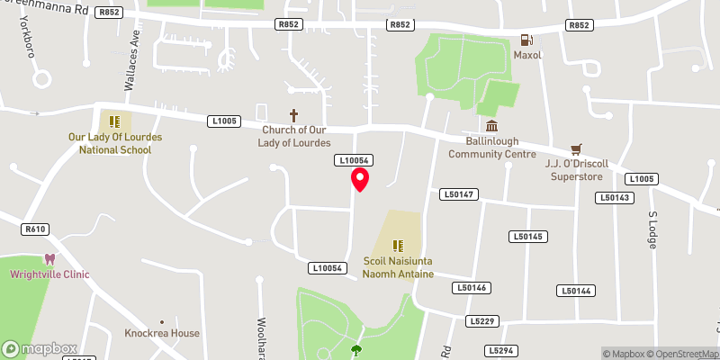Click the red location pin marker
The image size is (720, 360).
[360, 178]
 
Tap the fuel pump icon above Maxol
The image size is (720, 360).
[525, 40]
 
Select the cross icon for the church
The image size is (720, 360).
[293, 115]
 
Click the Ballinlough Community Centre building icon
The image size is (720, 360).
[491, 126]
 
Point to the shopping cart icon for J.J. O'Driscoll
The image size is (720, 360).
[577, 149]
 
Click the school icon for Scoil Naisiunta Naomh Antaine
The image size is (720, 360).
[398, 245]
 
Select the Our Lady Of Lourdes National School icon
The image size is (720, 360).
[114, 121]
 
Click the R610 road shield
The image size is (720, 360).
[36, 229]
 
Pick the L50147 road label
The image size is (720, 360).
[459, 194]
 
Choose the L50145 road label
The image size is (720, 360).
[527, 237]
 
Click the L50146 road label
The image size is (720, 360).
[472, 288]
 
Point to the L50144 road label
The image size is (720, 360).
[576, 291]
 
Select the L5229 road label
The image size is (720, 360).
[482, 320]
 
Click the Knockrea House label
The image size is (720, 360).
[162, 333]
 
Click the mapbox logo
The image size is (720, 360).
[40, 348]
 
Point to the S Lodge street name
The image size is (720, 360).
[654, 229]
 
